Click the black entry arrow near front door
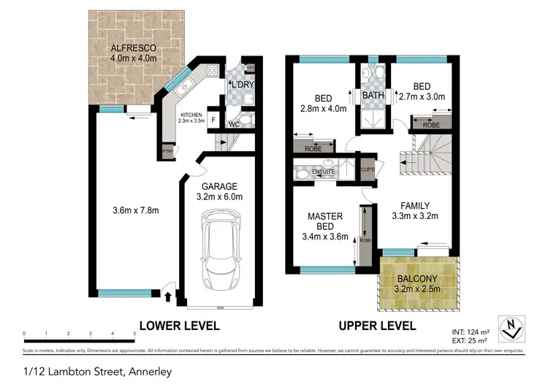[x=168, y=296]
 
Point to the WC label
[x=235, y=124]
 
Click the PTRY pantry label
[x=167, y=152]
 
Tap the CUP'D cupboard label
[x=368, y=169]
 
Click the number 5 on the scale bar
[x=134, y=334]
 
